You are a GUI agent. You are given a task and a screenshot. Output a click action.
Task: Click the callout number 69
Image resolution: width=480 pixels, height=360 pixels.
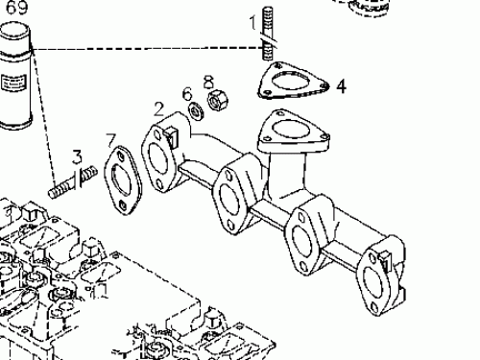[16, 8]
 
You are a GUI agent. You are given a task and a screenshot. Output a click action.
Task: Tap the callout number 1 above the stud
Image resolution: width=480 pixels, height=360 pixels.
[256, 19]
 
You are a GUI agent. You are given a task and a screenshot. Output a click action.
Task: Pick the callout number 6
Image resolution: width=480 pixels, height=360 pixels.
[188, 92]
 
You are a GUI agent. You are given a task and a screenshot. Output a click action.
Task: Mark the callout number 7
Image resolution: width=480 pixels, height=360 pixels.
[111, 139]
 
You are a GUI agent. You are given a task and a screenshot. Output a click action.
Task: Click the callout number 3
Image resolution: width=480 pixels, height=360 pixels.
[77, 155]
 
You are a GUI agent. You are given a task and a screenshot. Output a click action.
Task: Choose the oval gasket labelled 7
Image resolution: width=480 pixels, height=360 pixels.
[122, 179]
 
